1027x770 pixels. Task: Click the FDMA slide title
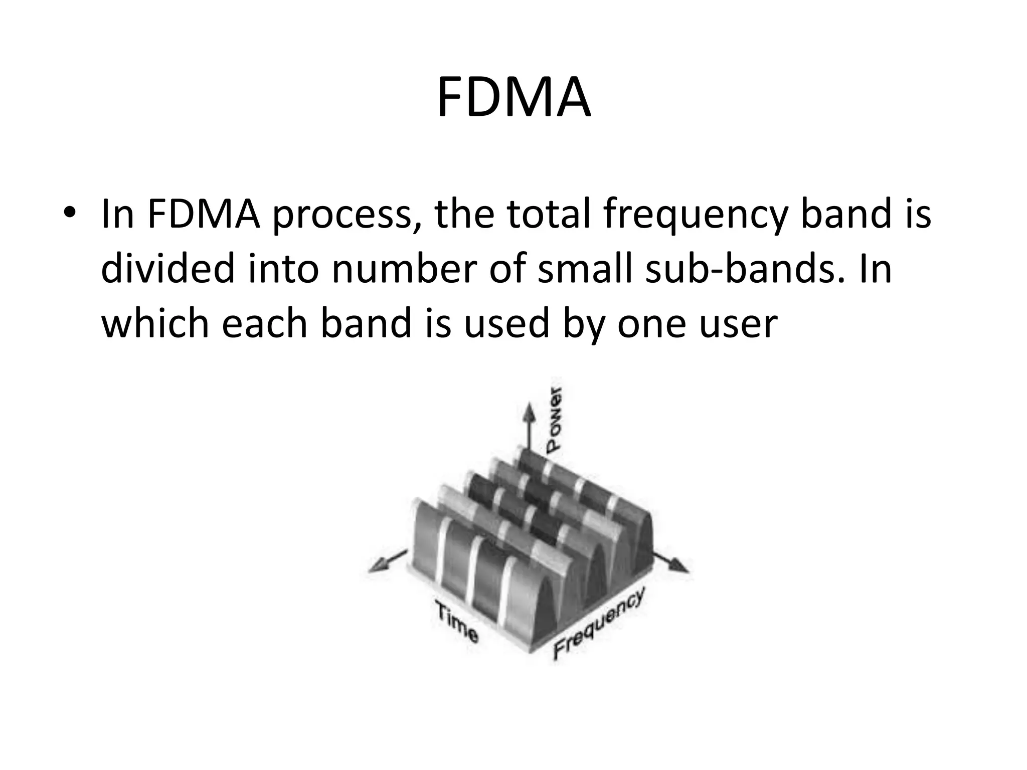(513, 98)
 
